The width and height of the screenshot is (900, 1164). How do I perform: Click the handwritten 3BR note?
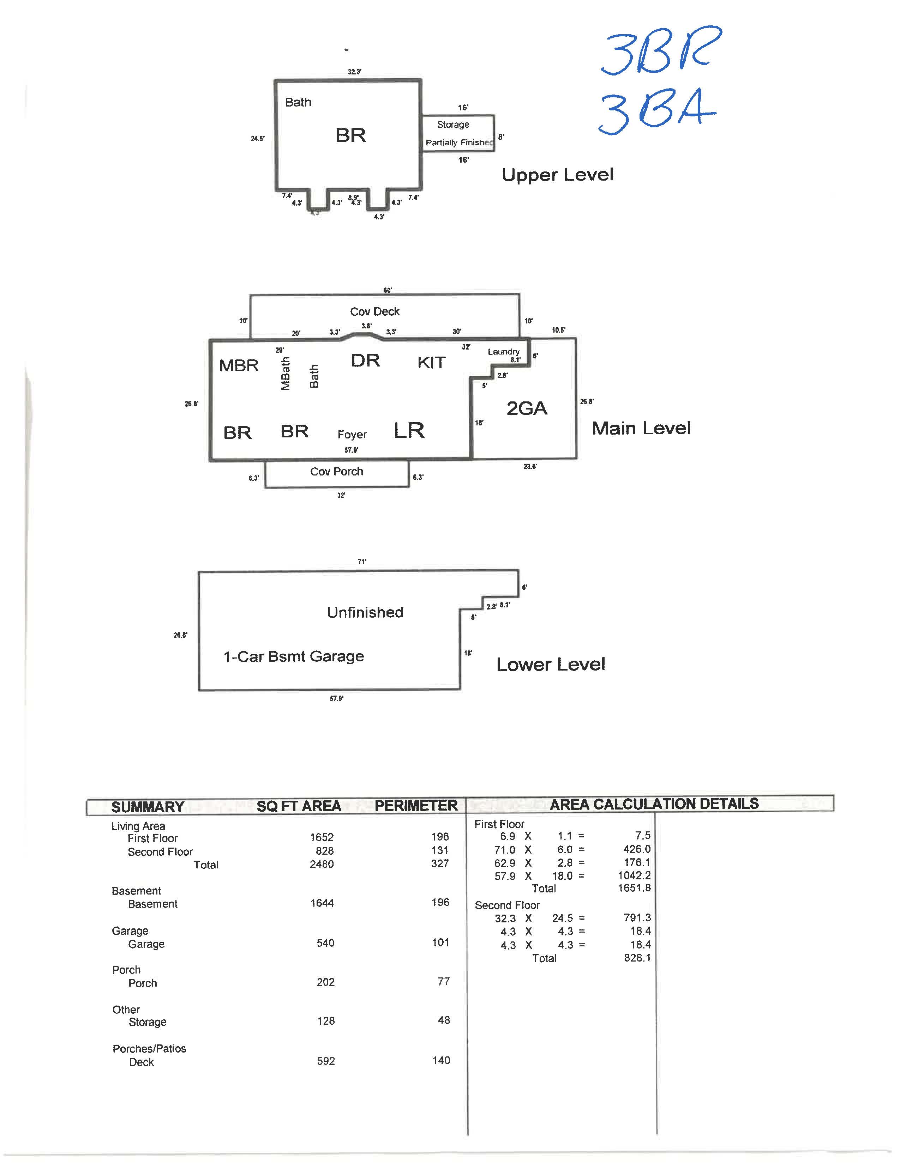pyautogui.click(x=661, y=51)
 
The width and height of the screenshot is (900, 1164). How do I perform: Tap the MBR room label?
pyautogui.click(x=239, y=366)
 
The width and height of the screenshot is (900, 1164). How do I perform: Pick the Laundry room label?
pyautogui.click(x=503, y=352)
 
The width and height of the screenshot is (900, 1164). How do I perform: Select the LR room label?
pyautogui.click(x=409, y=431)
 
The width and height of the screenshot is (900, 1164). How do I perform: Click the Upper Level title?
pyautogui.click(x=557, y=175)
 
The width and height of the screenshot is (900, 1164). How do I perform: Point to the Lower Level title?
pyautogui.click(x=550, y=665)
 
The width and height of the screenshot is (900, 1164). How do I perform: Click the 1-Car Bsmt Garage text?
pyautogui.click(x=293, y=657)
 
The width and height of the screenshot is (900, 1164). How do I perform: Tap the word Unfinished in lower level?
pyautogui.click(x=365, y=612)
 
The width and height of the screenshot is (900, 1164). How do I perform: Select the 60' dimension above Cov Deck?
pyautogui.click(x=388, y=290)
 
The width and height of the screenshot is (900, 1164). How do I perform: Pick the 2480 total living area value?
pyautogui.click(x=322, y=864)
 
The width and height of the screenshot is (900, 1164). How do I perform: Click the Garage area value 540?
pyautogui.click(x=325, y=943)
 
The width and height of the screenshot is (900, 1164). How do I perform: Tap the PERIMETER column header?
pyautogui.click(x=416, y=806)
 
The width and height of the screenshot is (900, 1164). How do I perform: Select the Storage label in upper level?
pyautogui.click(x=453, y=125)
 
